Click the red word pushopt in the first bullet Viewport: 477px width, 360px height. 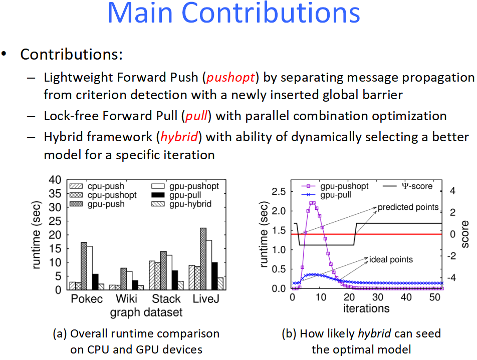coord(230,78)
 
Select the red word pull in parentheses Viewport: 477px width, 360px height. coord(196,116)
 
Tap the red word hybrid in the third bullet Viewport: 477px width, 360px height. coord(179,137)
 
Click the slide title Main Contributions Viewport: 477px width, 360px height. coord(233,13)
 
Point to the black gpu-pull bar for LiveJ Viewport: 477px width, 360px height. coord(214,276)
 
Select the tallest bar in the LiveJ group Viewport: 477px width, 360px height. coord(203,259)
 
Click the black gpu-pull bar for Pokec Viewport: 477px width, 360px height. coord(95,282)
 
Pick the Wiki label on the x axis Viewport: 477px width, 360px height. coord(126,299)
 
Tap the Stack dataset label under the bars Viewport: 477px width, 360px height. coord(166,299)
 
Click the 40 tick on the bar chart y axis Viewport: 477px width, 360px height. coord(55,180)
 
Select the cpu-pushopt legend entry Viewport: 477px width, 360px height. coord(103,195)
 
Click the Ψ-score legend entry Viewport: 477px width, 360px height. coord(407,186)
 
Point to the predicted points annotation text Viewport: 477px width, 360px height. coord(408,207)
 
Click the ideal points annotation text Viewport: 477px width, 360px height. coord(391,259)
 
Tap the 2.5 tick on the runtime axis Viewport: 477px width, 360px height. coord(279,192)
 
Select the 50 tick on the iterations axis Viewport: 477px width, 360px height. coord(435,297)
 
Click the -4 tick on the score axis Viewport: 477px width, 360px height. coord(451,277)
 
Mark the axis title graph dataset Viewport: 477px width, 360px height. coord(146,312)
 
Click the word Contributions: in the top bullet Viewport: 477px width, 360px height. coord(72,55)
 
